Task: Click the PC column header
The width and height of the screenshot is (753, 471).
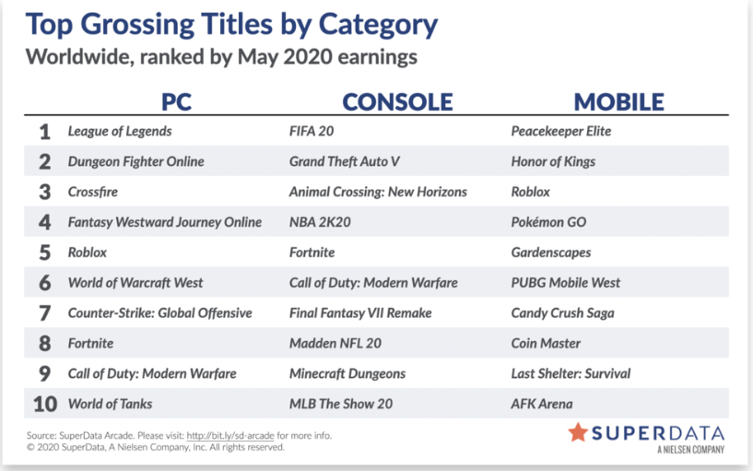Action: point(176,101)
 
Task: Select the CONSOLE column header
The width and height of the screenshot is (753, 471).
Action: point(397,101)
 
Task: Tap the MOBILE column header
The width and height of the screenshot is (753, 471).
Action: point(619,101)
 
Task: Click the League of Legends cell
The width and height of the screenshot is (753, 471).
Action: point(120,132)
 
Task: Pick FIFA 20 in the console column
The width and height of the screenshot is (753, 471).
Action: point(312,131)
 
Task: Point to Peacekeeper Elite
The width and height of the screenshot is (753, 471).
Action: point(561,132)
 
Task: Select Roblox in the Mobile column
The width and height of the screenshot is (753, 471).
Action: point(530,192)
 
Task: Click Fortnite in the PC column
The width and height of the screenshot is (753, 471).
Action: point(90,343)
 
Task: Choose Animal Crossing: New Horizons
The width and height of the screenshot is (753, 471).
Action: point(378,192)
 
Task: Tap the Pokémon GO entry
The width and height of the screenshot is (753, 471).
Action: point(548,222)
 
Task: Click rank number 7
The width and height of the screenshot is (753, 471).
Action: point(44,313)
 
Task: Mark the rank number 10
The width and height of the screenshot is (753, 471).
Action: point(45,404)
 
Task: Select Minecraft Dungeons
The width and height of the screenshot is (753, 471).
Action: point(347,373)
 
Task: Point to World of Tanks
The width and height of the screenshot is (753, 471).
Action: point(110,404)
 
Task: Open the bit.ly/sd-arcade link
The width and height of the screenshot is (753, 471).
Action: point(230,435)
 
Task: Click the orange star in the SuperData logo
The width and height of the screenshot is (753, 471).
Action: point(578,432)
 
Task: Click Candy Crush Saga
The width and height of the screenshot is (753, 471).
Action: point(562,313)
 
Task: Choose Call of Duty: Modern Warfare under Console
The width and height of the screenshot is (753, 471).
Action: point(373,283)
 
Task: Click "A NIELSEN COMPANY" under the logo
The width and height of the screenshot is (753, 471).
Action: point(690,450)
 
